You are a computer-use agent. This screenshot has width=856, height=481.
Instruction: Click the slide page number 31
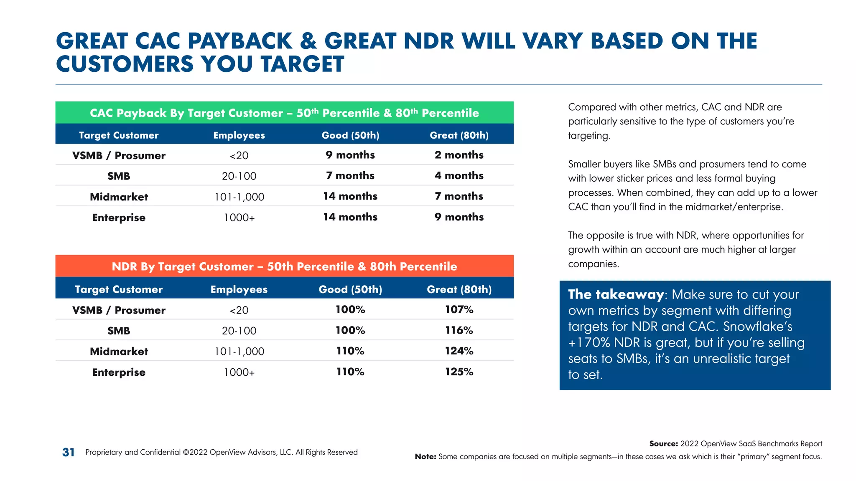click(x=68, y=452)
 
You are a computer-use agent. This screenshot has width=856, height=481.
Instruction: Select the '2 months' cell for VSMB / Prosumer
click(x=459, y=155)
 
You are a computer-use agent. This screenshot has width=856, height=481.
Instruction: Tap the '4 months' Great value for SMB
click(x=459, y=175)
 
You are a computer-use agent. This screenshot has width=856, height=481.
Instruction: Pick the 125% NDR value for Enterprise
click(x=459, y=372)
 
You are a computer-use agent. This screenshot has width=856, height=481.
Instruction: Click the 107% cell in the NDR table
click(x=459, y=309)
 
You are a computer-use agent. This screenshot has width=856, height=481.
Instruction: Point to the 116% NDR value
click(x=459, y=330)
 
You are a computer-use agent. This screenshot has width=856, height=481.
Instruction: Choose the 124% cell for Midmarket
click(x=459, y=351)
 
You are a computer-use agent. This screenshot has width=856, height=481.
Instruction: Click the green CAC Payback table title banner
click(x=284, y=113)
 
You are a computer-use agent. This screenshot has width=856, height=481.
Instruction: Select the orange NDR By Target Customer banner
click(x=284, y=266)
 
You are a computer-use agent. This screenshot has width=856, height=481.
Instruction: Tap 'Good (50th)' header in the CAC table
click(x=350, y=135)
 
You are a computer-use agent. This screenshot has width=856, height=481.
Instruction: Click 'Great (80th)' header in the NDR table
click(x=459, y=289)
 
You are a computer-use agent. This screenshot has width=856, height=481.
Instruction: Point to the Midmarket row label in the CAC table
click(x=119, y=197)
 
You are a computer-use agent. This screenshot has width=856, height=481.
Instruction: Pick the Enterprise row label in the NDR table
click(x=119, y=372)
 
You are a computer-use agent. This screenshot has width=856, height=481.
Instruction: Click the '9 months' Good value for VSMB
click(x=350, y=155)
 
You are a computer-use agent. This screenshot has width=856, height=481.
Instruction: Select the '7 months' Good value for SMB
click(x=350, y=175)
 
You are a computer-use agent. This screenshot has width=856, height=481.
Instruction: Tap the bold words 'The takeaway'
click(x=615, y=294)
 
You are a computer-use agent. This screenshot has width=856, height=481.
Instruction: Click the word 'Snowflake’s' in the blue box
click(x=757, y=327)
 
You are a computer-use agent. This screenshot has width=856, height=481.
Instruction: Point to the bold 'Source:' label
click(x=663, y=444)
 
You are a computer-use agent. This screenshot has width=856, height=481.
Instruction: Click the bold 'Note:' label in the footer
click(x=425, y=457)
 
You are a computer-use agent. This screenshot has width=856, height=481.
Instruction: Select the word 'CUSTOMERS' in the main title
click(x=125, y=64)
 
